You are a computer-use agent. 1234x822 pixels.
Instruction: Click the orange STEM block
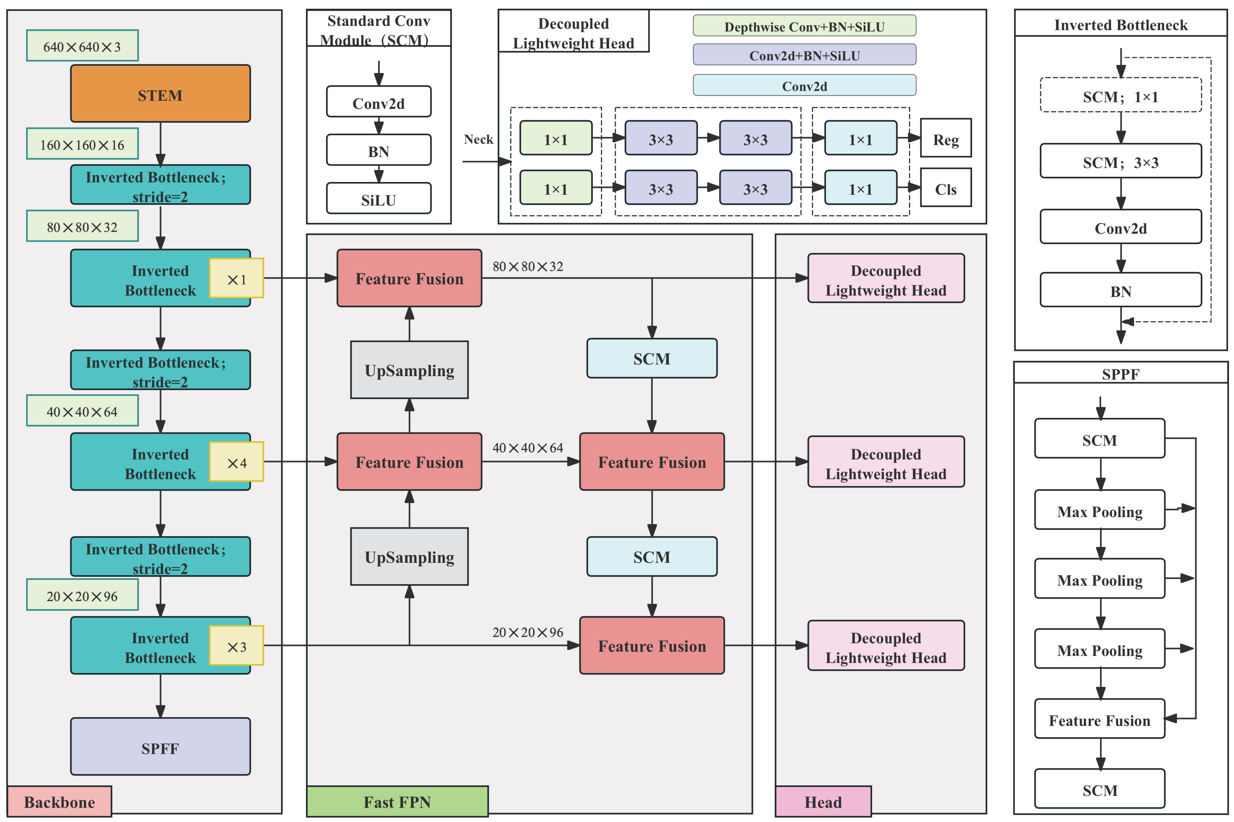[x=160, y=94]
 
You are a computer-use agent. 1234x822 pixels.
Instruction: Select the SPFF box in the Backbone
[x=160, y=746]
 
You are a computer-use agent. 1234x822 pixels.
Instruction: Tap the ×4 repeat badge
[x=236, y=462]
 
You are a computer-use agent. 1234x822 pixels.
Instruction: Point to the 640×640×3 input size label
[x=82, y=46]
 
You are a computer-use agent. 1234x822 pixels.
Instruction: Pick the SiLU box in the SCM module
[x=379, y=199]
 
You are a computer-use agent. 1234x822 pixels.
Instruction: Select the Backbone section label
[x=59, y=801]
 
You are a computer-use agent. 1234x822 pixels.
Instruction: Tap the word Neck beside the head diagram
[x=478, y=139]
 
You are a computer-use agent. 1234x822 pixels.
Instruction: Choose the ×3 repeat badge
[x=236, y=646]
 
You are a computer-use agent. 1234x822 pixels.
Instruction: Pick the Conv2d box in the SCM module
[x=379, y=102]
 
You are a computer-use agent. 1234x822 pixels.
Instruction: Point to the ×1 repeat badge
[x=236, y=278]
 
